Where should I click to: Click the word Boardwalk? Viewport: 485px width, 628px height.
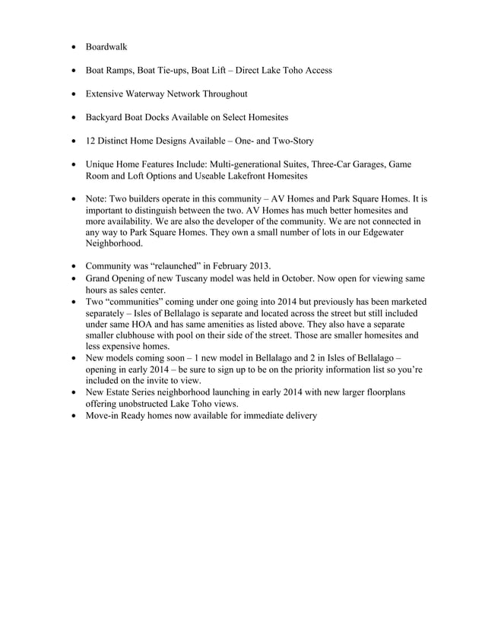coord(106,47)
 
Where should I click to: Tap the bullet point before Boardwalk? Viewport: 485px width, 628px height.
coord(73,47)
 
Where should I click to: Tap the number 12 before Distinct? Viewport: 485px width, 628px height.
coord(90,141)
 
